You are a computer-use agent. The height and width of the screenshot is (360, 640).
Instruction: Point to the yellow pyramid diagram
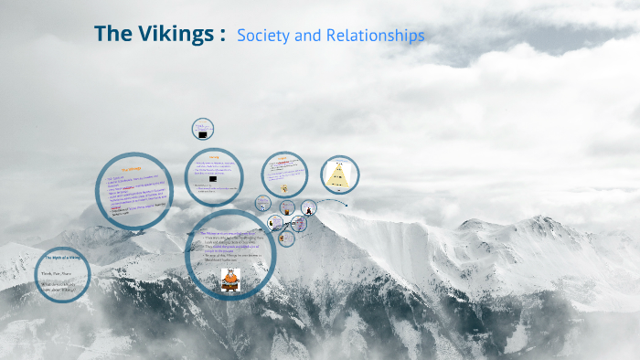pos(339,175)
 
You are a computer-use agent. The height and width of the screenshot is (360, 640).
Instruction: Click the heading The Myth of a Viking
pos(63,259)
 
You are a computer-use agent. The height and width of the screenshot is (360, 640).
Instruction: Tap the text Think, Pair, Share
pos(56,272)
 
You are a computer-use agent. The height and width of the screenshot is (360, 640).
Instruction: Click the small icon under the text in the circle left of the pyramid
pos(284,188)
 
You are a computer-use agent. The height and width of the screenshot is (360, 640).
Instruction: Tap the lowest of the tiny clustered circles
pos(286,239)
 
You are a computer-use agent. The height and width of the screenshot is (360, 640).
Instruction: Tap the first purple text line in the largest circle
pos(229,234)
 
